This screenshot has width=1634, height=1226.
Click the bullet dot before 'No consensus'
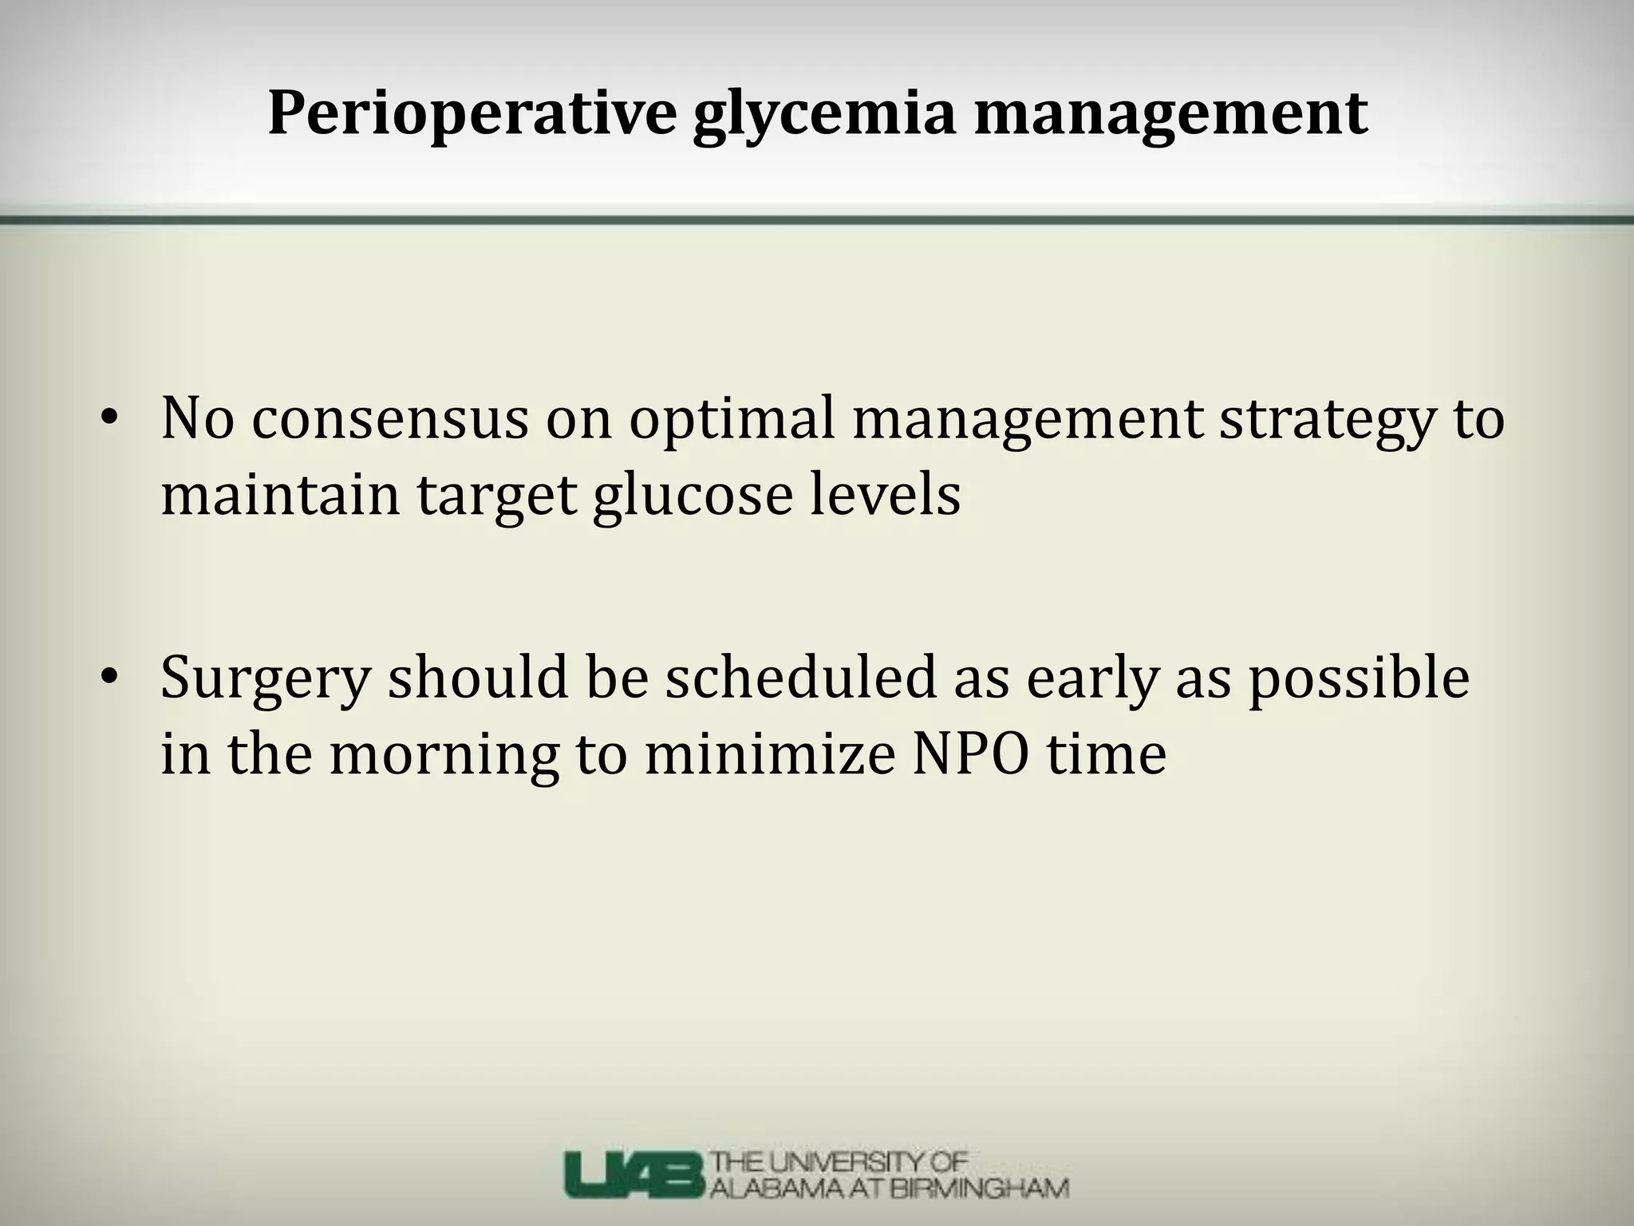[109, 418]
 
